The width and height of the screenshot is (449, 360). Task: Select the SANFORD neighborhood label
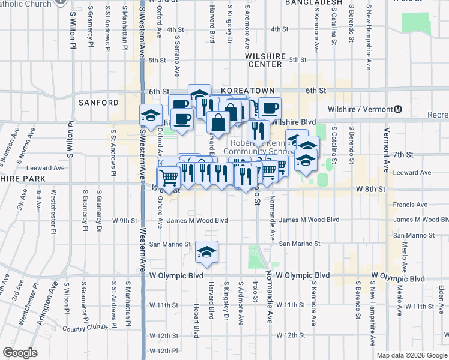pos(98,103)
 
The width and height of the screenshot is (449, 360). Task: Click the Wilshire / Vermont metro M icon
pos(398,110)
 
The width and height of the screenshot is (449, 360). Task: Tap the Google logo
pos(20,352)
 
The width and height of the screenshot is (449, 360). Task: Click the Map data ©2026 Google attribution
pos(412,355)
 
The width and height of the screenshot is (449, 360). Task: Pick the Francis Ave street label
pos(411,205)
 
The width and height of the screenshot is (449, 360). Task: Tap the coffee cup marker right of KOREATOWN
pos(270,108)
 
